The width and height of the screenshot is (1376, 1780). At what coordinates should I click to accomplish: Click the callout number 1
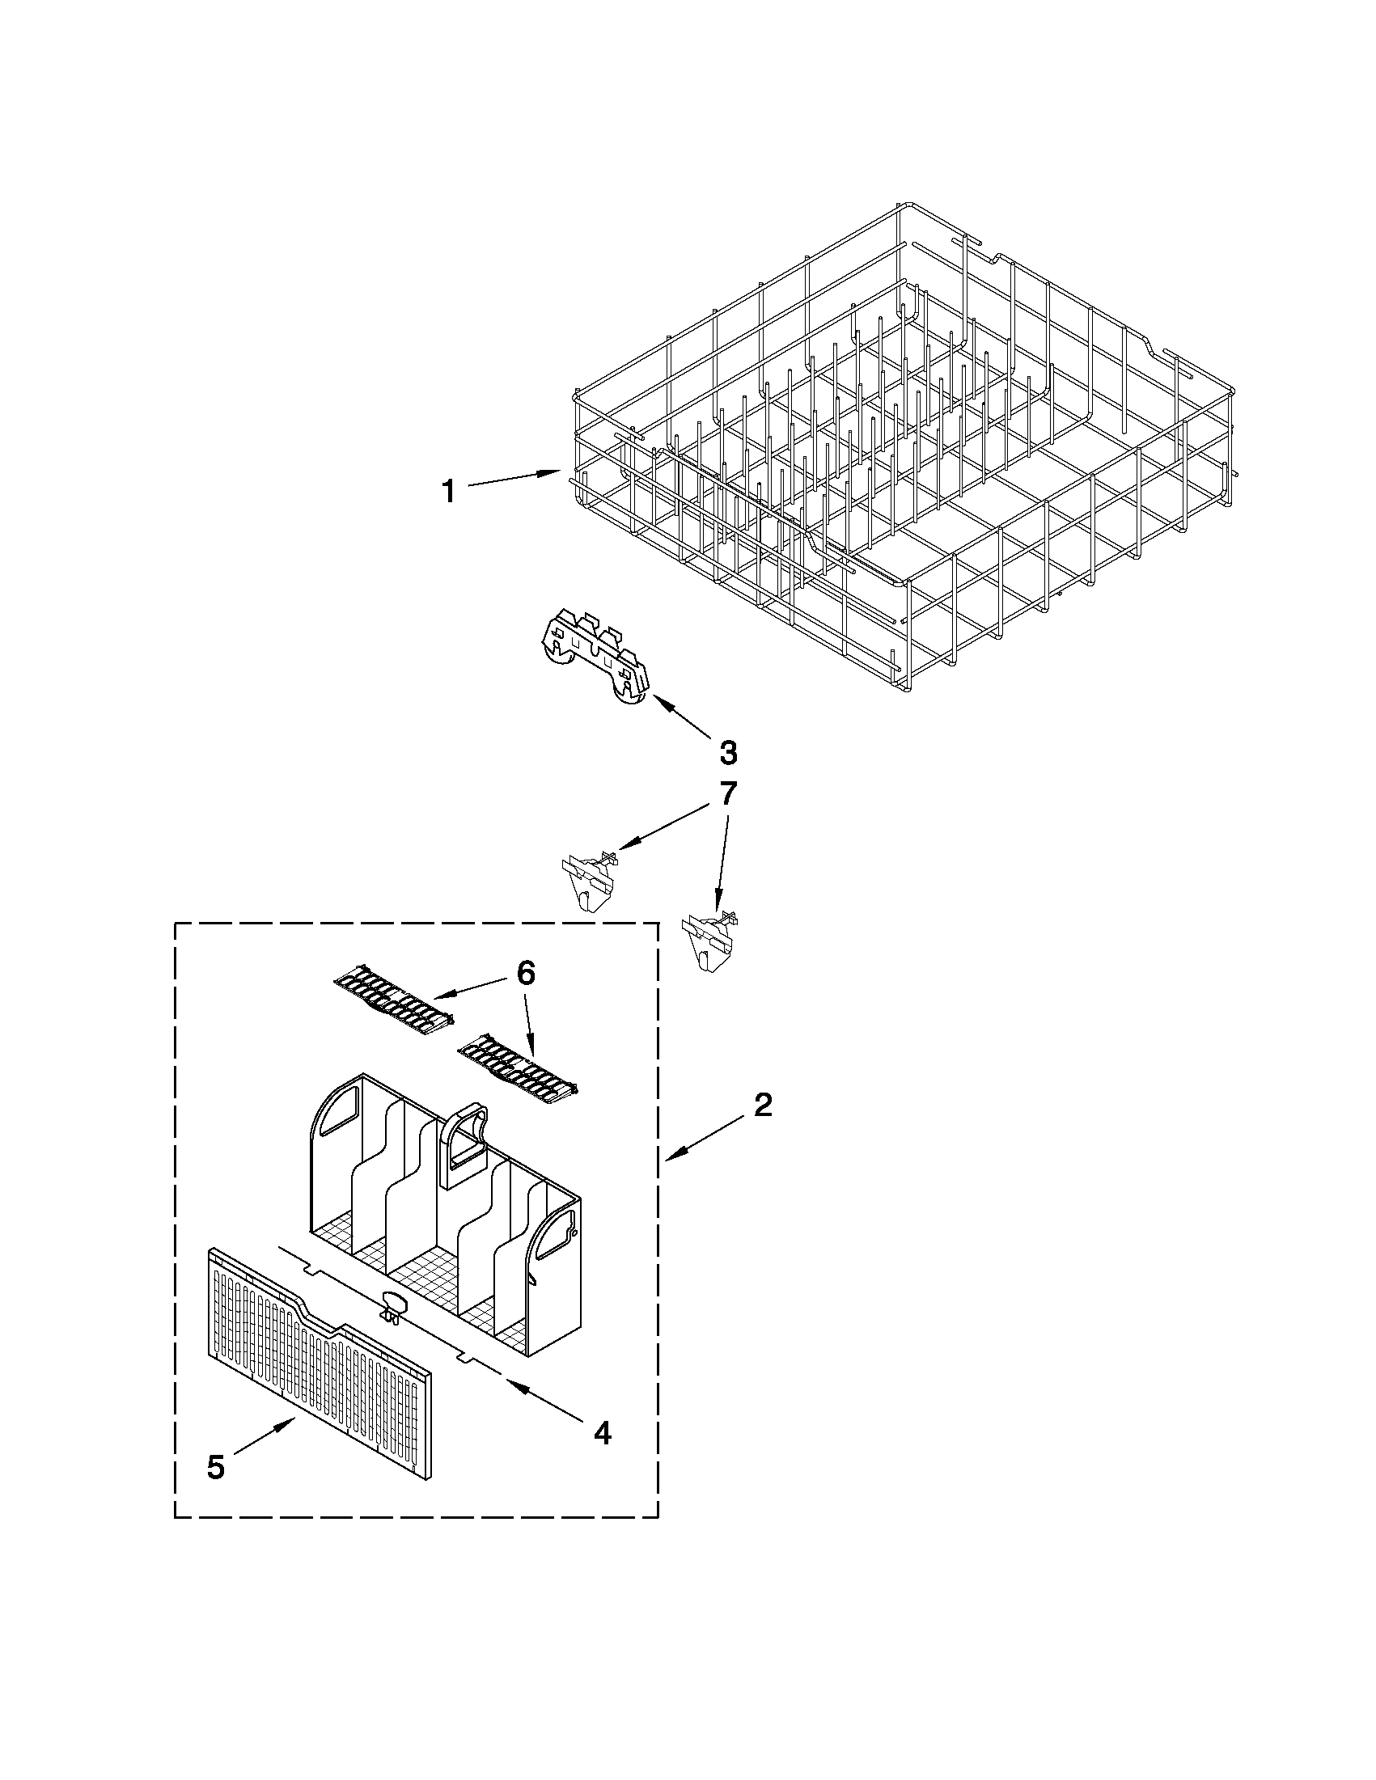pos(448,492)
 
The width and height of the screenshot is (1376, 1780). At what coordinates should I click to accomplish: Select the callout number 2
pos(762,1106)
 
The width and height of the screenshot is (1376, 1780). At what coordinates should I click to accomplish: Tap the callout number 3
pos(728,752)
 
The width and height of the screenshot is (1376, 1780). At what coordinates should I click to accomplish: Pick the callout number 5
pos(215,1467)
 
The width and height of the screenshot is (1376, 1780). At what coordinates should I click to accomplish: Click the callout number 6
pos(526,972)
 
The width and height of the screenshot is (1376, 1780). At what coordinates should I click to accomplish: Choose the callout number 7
pos(728,793)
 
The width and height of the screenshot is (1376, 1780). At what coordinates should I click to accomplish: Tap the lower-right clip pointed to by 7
pos(708,937)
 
